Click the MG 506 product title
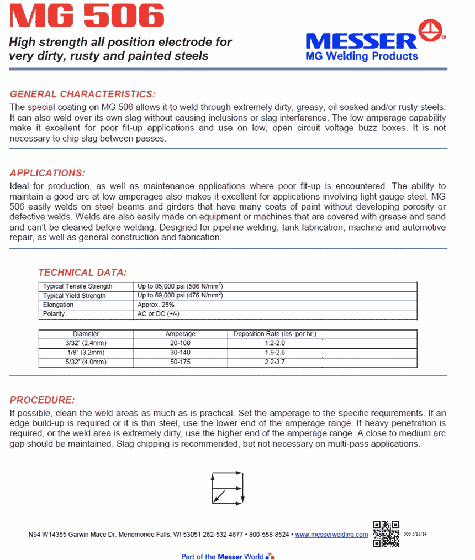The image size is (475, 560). point(88,17)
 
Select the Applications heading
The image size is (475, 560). point(47,172)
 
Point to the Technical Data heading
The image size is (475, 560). point(82,272)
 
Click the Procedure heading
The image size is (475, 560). point(42,400)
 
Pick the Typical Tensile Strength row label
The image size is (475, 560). point(78,286)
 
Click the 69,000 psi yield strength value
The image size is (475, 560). point(180,296)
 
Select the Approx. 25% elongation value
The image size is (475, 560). point(156,305)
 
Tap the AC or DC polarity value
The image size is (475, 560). point(159,313)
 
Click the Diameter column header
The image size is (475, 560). point(86,334)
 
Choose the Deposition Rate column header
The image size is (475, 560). point(278,334)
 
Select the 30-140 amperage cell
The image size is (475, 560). point(181,352)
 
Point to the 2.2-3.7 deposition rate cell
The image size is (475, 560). point(275,362)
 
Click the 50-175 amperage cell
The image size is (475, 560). point(181,362)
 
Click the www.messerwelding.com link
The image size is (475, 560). point(331,535)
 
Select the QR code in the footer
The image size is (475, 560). point(386,533)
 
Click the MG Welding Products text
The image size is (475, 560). point(362,56)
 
